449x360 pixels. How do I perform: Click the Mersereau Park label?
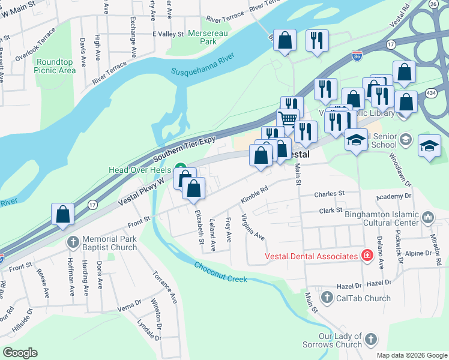200,38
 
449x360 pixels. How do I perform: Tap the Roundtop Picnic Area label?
56,66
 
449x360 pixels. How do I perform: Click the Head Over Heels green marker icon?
179,169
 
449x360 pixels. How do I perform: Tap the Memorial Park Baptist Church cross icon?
73,243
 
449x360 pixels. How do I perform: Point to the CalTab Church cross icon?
327,298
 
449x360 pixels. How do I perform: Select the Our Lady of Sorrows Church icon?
371,340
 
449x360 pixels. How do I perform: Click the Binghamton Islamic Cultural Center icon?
427,217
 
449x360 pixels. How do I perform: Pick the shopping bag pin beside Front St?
63,215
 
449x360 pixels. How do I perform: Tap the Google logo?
20,353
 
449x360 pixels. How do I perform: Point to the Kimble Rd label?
254,196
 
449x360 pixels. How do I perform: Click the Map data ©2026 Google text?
411,355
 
